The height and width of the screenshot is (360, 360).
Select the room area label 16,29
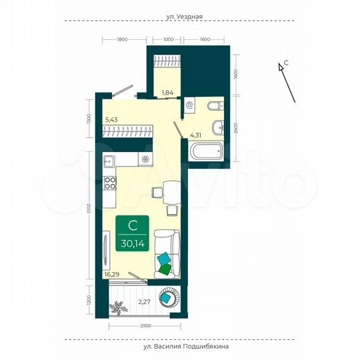(x=111, y=273)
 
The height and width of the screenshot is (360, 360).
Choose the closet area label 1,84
(x=167, y=93)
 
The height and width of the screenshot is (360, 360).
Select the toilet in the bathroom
(x=213, y=105)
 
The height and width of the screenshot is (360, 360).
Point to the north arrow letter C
(x=286, y=63)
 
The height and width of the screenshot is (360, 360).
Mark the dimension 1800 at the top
(x=121, y=40)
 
